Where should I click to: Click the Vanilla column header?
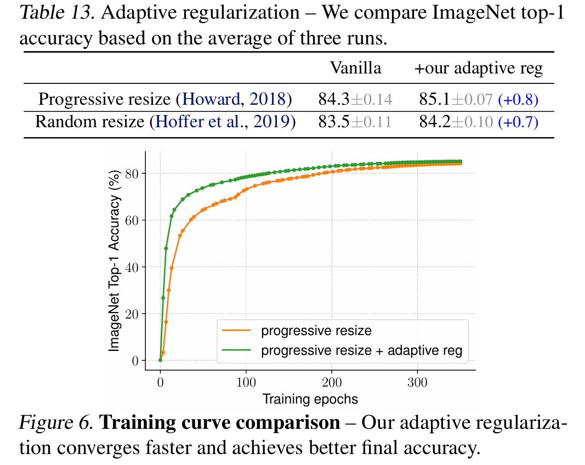coord(355,69)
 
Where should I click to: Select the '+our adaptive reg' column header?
coord(478,69)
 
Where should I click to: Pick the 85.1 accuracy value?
coord(435,99)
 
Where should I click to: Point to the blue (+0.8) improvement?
coord(518,100)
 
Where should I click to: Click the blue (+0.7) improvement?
coord(518,122)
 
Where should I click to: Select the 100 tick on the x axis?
coord(246,382)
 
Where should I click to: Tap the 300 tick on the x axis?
coord(418,382)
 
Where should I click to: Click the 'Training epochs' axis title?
coord(310,399)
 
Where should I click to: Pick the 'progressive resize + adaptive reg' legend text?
coord(362,350)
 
